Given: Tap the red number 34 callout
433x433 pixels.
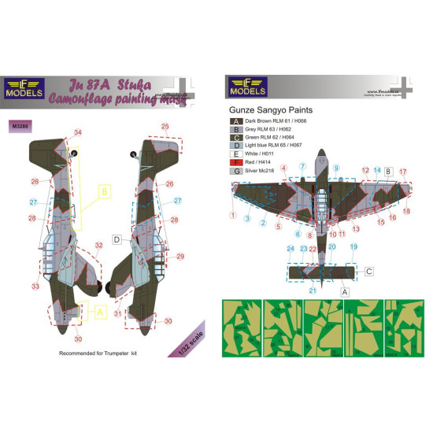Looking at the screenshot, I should [x=77, y=131].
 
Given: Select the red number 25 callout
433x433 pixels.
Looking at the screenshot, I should [x=165, y=126].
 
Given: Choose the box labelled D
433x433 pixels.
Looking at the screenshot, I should [x=116, y=239].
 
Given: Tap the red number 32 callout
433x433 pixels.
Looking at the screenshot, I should [x=98, y=245].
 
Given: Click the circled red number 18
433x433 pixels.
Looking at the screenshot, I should [x=407, y=211].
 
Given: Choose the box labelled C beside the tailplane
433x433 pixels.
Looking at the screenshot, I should [x=368, y=270].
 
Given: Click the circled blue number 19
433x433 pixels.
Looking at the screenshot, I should [x=353, y=246].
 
